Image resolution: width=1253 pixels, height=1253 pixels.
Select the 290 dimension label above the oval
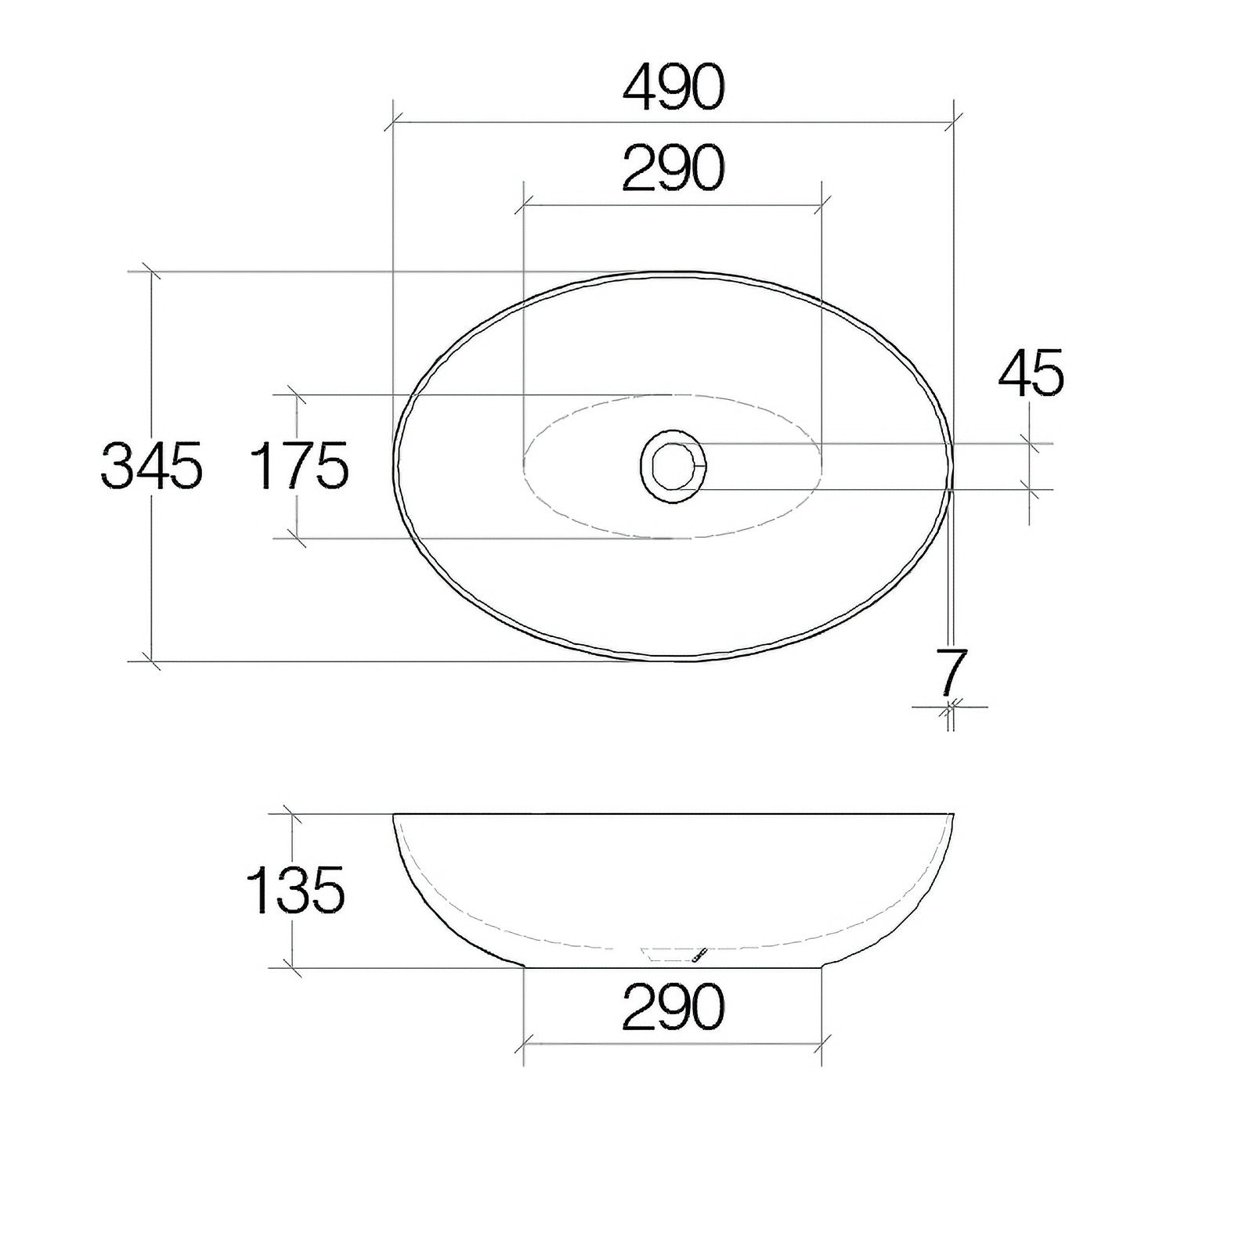point(673,169)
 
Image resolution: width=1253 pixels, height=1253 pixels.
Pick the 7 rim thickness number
point(951,672)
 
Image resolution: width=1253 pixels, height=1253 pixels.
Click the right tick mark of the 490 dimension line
point(953,122)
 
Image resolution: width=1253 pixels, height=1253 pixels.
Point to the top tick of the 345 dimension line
point(150,272)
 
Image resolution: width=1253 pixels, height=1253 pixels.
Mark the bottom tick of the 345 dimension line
point(150,661)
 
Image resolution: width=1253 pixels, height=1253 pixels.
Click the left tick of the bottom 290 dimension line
point(524,1043)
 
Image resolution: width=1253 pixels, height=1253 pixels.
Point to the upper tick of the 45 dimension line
point(1031,444)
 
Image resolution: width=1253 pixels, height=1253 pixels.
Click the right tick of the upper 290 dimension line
point(821,206)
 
